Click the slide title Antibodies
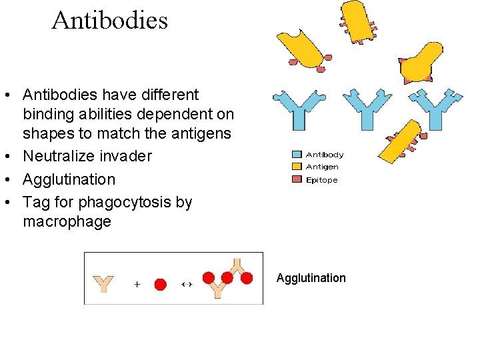[109, 21]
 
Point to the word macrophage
[67, 221]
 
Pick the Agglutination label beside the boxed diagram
[311, 278]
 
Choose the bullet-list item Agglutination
[69, 179]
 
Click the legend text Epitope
[321, 180]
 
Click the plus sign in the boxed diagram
[137, 284]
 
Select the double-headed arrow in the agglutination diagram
[187, 284]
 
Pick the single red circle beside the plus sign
[160, 284]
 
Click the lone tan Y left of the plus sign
[104, 283]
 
